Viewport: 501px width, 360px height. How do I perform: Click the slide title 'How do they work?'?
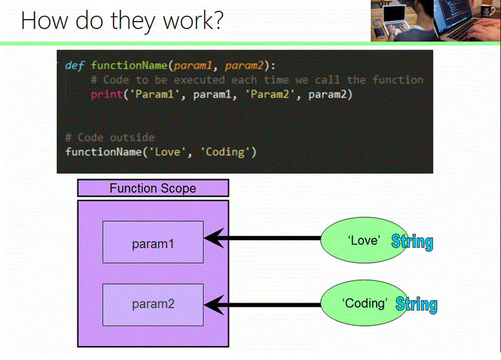122,21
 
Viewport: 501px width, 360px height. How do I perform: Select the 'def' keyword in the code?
75,65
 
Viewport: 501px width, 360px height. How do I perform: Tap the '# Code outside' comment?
109,138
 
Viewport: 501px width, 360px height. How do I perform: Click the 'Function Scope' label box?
153,188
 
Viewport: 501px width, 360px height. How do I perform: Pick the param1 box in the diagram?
153,242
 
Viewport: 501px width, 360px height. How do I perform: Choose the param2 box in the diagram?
153,304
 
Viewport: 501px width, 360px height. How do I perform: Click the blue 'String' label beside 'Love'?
412,241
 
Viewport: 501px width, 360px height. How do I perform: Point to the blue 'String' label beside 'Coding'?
417,304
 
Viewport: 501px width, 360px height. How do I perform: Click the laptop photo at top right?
435,21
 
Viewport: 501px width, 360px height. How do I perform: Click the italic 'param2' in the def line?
244,65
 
